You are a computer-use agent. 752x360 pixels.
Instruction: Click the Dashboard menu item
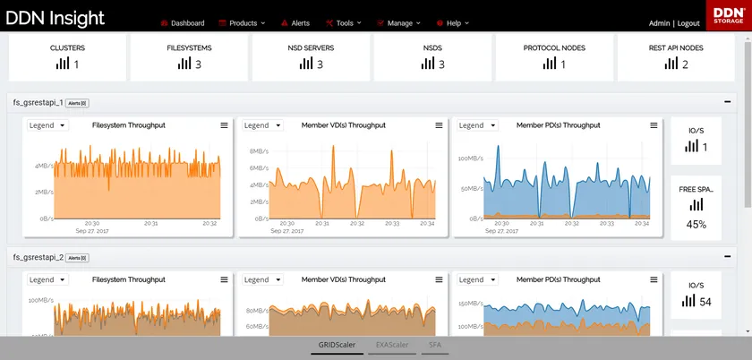pyautogui.click(x=187, y=23)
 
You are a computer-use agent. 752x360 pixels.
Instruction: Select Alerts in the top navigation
pyautogui.click(x=299, y=23)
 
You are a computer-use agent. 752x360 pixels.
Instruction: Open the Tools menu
pyautogui.click(x=344, y=23)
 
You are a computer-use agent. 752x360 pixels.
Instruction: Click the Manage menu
pyautogui.click(x=399, y=23)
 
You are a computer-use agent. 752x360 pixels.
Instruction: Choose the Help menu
pyautogui.click(x=454, y=23)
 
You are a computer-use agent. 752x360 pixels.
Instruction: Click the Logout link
pyautogui.click(x=688, y=23)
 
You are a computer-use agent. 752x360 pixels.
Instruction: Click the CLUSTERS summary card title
pyautogui.click(x=67, y=48)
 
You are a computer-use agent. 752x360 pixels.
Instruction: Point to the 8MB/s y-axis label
pyautogui.click(x=260, y=151)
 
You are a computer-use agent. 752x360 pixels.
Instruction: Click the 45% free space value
pyautogui.click(x=696, y=225)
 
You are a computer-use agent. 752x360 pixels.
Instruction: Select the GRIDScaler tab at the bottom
pyautogui.click(x=337, y=345)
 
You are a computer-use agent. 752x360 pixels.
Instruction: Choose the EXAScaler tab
pyautogui.click(x=392, y=345)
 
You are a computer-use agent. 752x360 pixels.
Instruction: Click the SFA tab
pyautogui.click(x=435, y=345)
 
